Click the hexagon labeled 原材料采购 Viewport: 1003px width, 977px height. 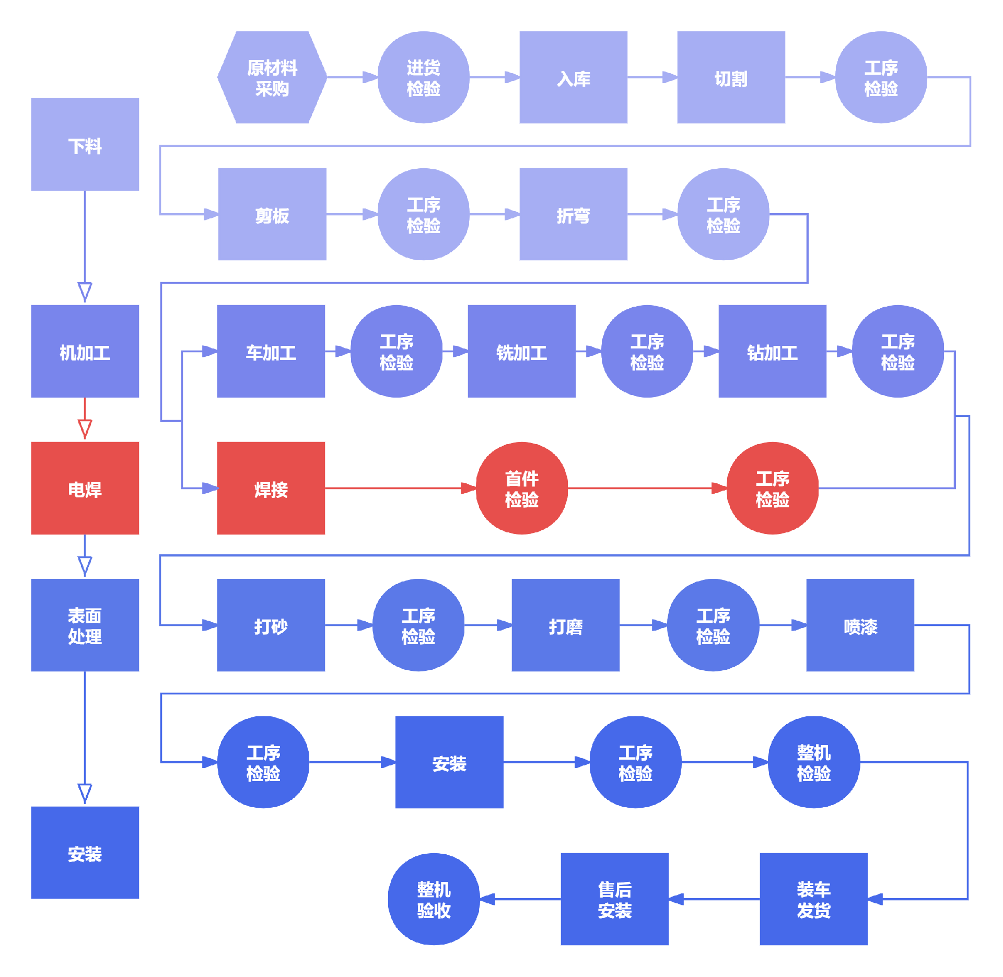(x=272, y=77)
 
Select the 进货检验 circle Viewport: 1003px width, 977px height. (x=423, y=77)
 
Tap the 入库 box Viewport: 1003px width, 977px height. (x=573, y=77)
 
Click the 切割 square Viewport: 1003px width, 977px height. (x=731, y=77)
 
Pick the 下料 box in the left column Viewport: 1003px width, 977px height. (x=85, y=144)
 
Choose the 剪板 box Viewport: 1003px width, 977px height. (x=272, y=214)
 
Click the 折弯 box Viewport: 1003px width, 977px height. (x=573, y=214)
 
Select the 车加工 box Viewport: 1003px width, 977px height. (x=271, y=351)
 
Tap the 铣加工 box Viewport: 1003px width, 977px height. (x=521, y=351)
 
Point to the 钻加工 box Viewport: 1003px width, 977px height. (x=772, y=351)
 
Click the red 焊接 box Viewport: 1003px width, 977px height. (x=271, y=488)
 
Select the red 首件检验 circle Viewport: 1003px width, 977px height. (x=521, y=488)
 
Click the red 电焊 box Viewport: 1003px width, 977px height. (x=85, y=488)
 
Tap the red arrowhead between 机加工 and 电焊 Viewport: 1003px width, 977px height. (x=85, y=428)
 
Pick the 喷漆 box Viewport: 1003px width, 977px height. (x=860, y=625)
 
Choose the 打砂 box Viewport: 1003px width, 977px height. (x=271, y=625)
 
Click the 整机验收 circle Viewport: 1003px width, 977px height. (x=434, y=899)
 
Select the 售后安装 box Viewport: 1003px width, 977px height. (x=614, y=899)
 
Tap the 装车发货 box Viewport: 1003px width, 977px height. (x=813, y=899)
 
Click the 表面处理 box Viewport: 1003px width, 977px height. (x=85, y=625)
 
